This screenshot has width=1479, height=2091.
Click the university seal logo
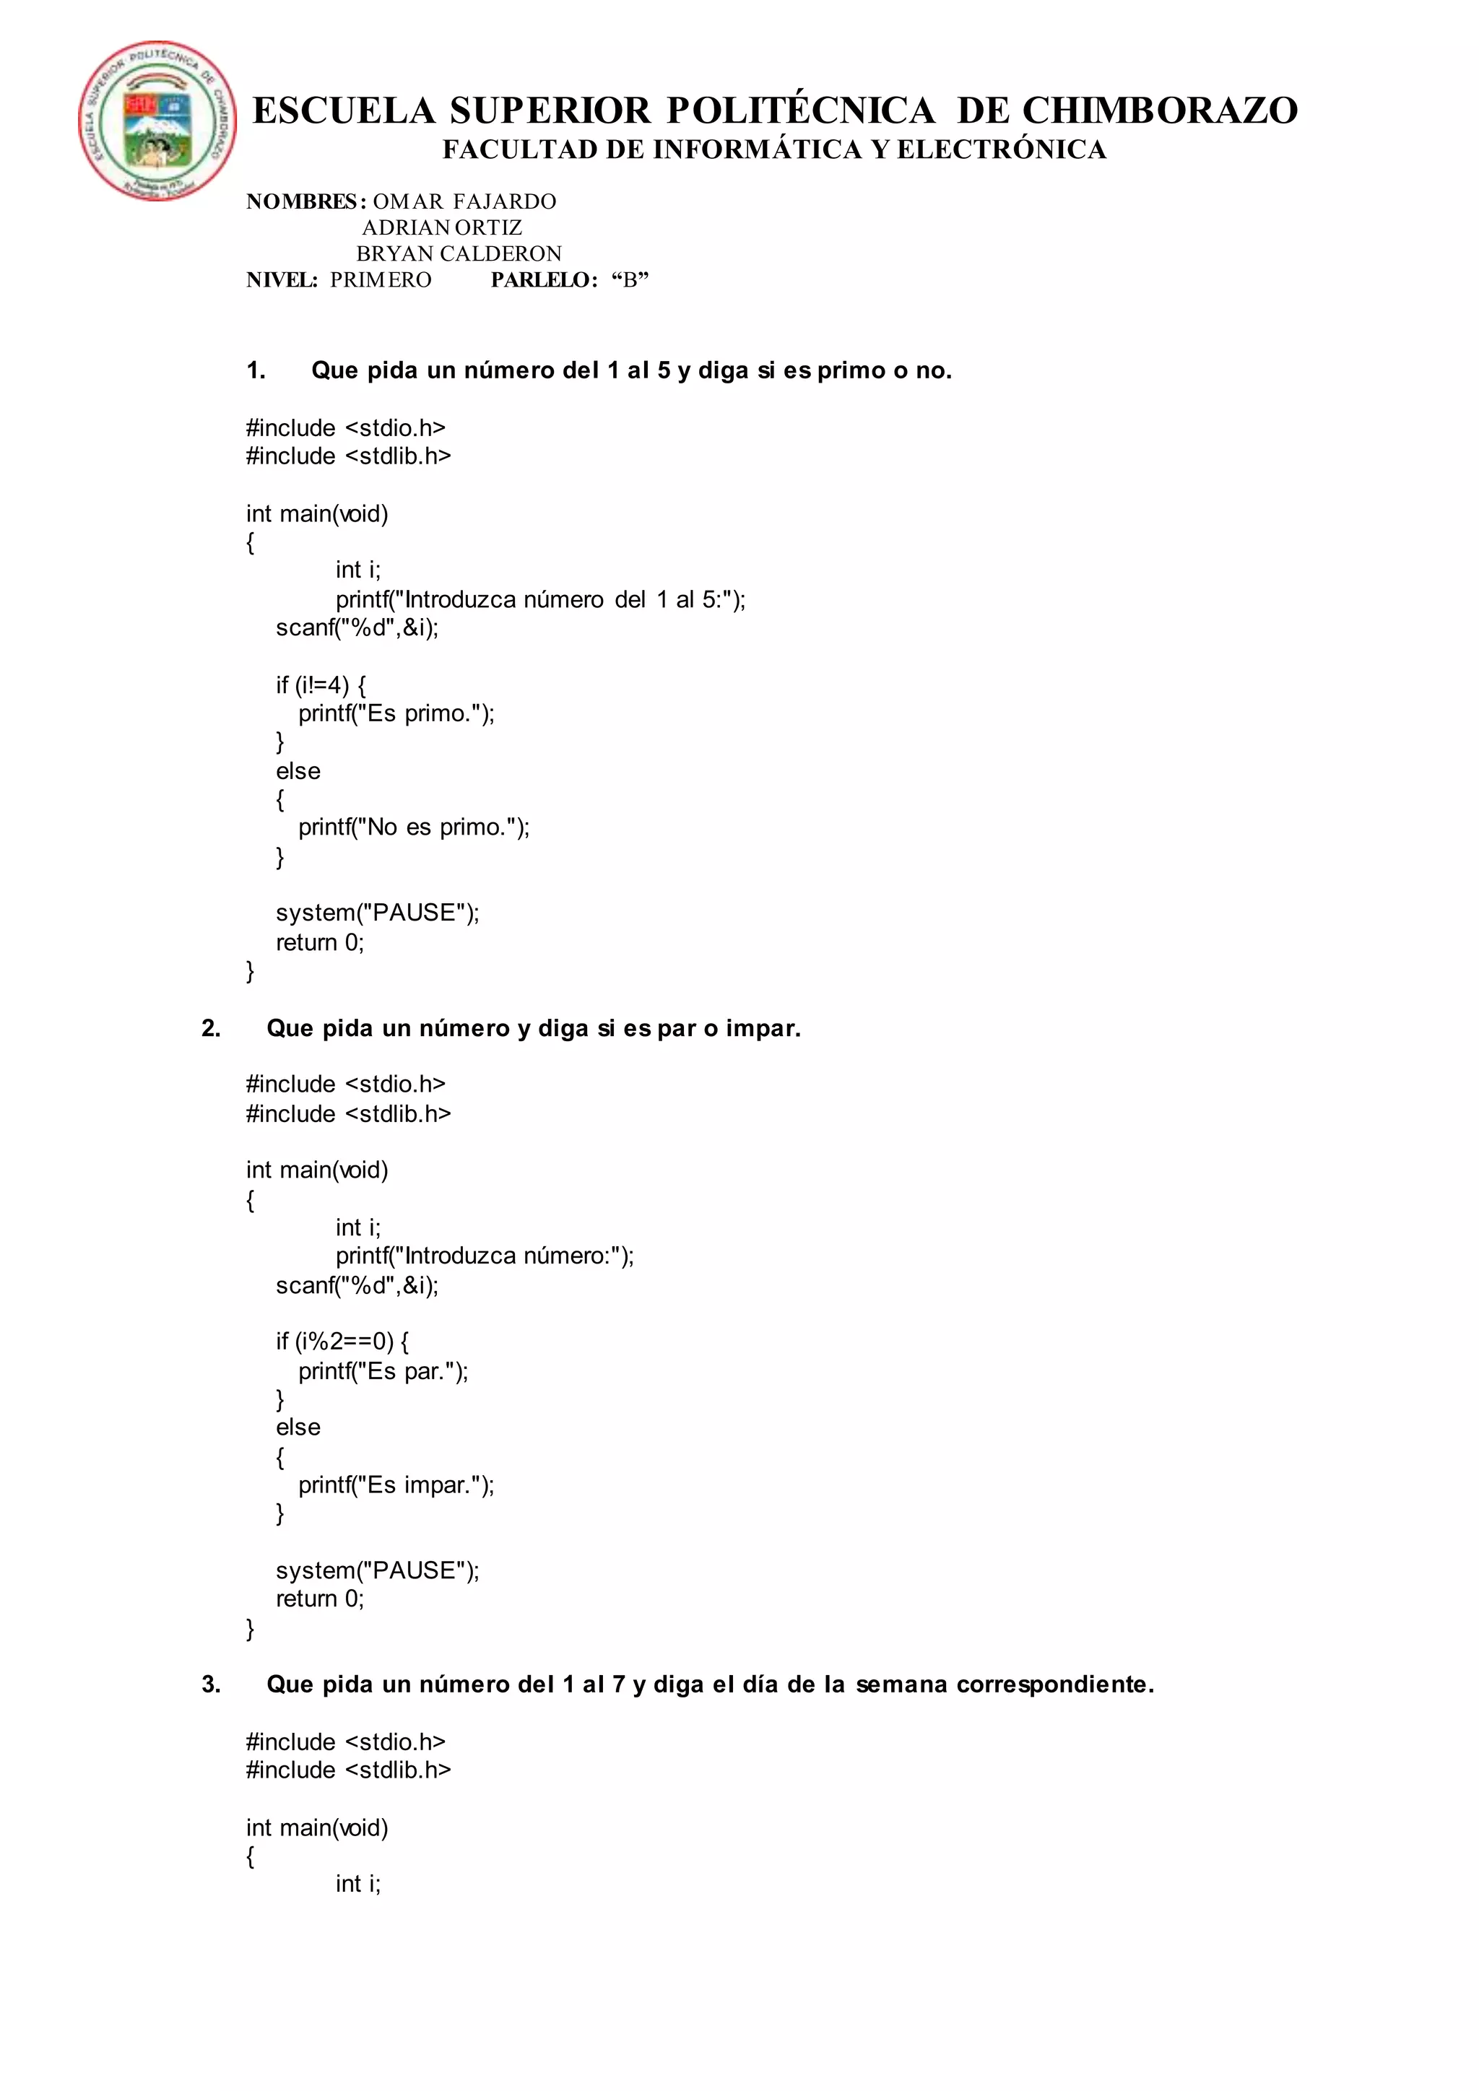pos(157,120)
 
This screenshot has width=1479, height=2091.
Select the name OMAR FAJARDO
pos(464,201)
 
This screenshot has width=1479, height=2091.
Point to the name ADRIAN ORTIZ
pos(442,227)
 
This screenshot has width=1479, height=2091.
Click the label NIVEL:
pos(282,279)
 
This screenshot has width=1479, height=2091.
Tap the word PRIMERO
pos(381,279)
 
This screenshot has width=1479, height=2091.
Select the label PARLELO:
pos(544,279)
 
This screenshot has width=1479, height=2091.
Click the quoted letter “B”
pos(630,279)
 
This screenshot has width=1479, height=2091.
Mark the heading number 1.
pos(256,370)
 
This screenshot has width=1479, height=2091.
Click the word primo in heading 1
pos(851,370)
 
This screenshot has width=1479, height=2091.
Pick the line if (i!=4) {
pos(321,685)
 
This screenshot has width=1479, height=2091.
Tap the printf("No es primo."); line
pos(414,827)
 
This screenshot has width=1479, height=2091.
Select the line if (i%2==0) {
pos(342,1341)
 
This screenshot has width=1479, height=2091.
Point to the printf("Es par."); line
pos(383,1370)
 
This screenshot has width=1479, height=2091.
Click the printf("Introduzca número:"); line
pos(485,1256)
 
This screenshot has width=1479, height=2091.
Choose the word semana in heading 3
pos(901,1684)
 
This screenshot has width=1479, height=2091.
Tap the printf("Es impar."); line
pos(396,1484)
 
